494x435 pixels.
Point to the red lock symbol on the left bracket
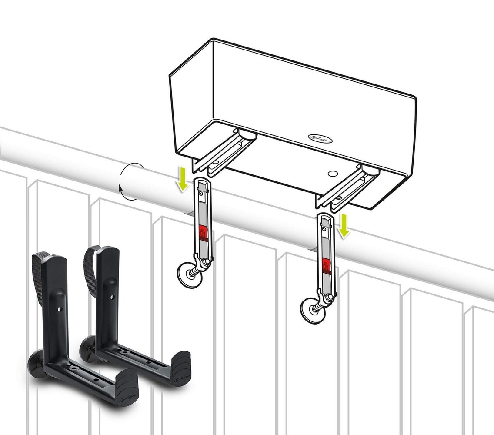point(202,233)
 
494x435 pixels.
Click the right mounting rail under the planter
point(350,185)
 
